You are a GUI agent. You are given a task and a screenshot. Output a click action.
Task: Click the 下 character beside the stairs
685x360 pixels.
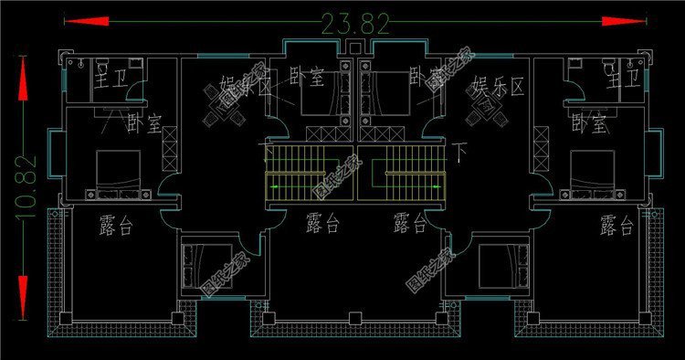point(459,145)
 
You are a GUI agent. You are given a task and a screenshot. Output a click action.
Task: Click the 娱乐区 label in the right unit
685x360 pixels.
point(498,88)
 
